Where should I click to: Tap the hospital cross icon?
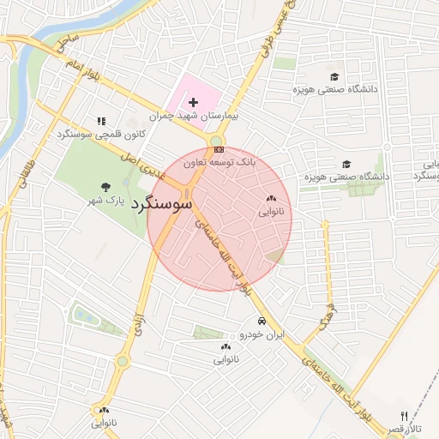coord(194,102)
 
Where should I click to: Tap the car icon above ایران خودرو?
coord(250,322)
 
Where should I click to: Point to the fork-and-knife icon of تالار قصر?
coord(405,416)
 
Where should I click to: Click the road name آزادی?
coord(136,324)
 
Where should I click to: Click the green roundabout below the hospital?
coord(216,141)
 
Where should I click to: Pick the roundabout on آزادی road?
coord(122,362)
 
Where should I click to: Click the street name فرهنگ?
coord(325,317)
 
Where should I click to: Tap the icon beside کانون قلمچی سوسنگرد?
coord(101,121)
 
